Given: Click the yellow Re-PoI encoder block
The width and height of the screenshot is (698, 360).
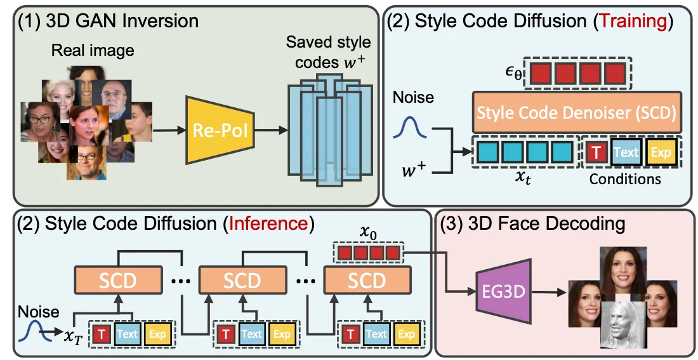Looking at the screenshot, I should tap(216, 132).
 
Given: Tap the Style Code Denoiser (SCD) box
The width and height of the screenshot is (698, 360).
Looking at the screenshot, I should tap(576, 114).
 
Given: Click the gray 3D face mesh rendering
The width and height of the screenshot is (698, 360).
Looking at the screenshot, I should tap(624, 324).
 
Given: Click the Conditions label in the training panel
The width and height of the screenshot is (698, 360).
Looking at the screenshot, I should tap(624, 179).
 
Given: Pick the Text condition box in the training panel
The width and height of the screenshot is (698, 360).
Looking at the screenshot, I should tap(626, 152).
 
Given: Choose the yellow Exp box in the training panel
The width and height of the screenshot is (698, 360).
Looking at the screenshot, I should tap(661, 152).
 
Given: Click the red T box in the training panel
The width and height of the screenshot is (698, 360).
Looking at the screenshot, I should tap(596, 152).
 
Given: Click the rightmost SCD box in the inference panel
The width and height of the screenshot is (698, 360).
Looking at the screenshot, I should tap(367, 281).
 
